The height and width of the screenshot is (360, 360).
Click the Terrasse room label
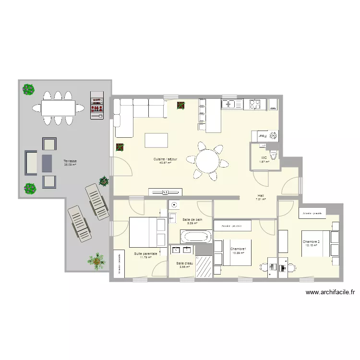point(70,161)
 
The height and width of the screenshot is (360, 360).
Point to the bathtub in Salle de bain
point(195,236)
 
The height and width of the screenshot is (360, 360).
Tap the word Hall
point(261,195)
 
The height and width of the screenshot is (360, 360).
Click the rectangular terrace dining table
point(58,107)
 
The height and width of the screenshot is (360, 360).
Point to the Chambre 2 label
point(311,241)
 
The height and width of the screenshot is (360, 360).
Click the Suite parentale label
point(145,253)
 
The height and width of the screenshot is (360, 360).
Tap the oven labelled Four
point(262,136)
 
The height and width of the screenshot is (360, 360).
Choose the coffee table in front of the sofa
point(157,140)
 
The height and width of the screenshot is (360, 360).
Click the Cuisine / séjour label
point(165,159)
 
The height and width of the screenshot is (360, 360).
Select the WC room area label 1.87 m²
point(264,162)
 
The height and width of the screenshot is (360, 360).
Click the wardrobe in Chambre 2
point(312,212)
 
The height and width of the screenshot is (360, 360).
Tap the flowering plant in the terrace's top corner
point(29,89)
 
